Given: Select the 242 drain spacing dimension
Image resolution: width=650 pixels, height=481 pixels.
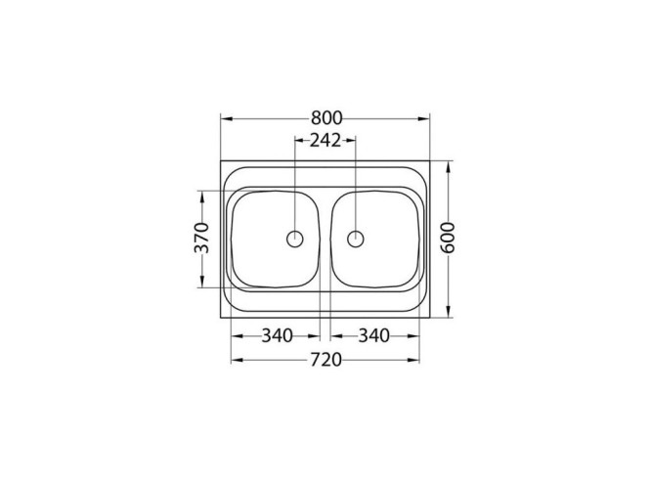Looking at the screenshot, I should (x=325, y=141).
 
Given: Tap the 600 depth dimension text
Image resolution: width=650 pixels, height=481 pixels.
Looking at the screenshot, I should (x=449, y=239).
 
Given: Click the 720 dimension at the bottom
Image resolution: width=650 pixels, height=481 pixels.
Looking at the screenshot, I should (x=325, y=360).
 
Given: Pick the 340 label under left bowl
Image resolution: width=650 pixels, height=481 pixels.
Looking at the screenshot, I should (x=278, y=336).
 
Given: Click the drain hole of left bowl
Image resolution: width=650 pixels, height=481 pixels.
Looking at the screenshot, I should (x=294, y=238).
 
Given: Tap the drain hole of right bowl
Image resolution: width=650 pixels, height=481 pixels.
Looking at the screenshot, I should (x=356, y=238).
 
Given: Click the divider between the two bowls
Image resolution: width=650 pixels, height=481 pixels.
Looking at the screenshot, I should (x=325, y=240).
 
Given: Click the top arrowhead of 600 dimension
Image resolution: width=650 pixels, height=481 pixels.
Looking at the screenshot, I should (x=449, y=165).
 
